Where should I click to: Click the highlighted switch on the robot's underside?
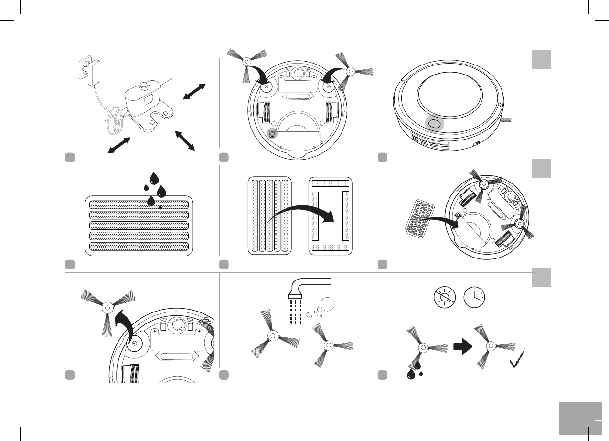coord(272,134)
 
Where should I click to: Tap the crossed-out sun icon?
coord(445,298)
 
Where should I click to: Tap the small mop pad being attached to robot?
coord(420,218)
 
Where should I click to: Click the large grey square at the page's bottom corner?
coord(579,418)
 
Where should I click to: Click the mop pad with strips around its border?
coord(331,216)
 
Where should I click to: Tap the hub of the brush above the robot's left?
coord(246,62)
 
